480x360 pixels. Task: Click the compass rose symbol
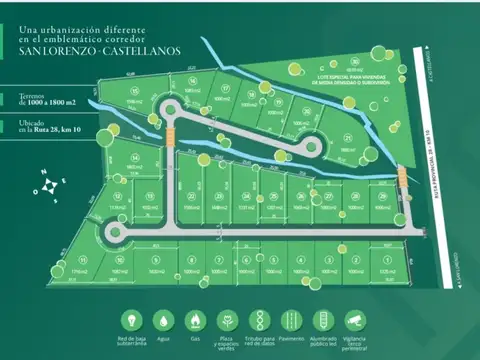[x=51, y=186]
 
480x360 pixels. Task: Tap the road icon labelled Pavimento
[x=290, y=320]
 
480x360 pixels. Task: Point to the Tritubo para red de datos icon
[x=257, y=320]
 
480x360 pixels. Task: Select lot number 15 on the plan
[x=135, y=90]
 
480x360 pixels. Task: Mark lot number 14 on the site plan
[x=133, y=157]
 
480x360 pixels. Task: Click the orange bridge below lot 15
[x=171, y=130]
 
